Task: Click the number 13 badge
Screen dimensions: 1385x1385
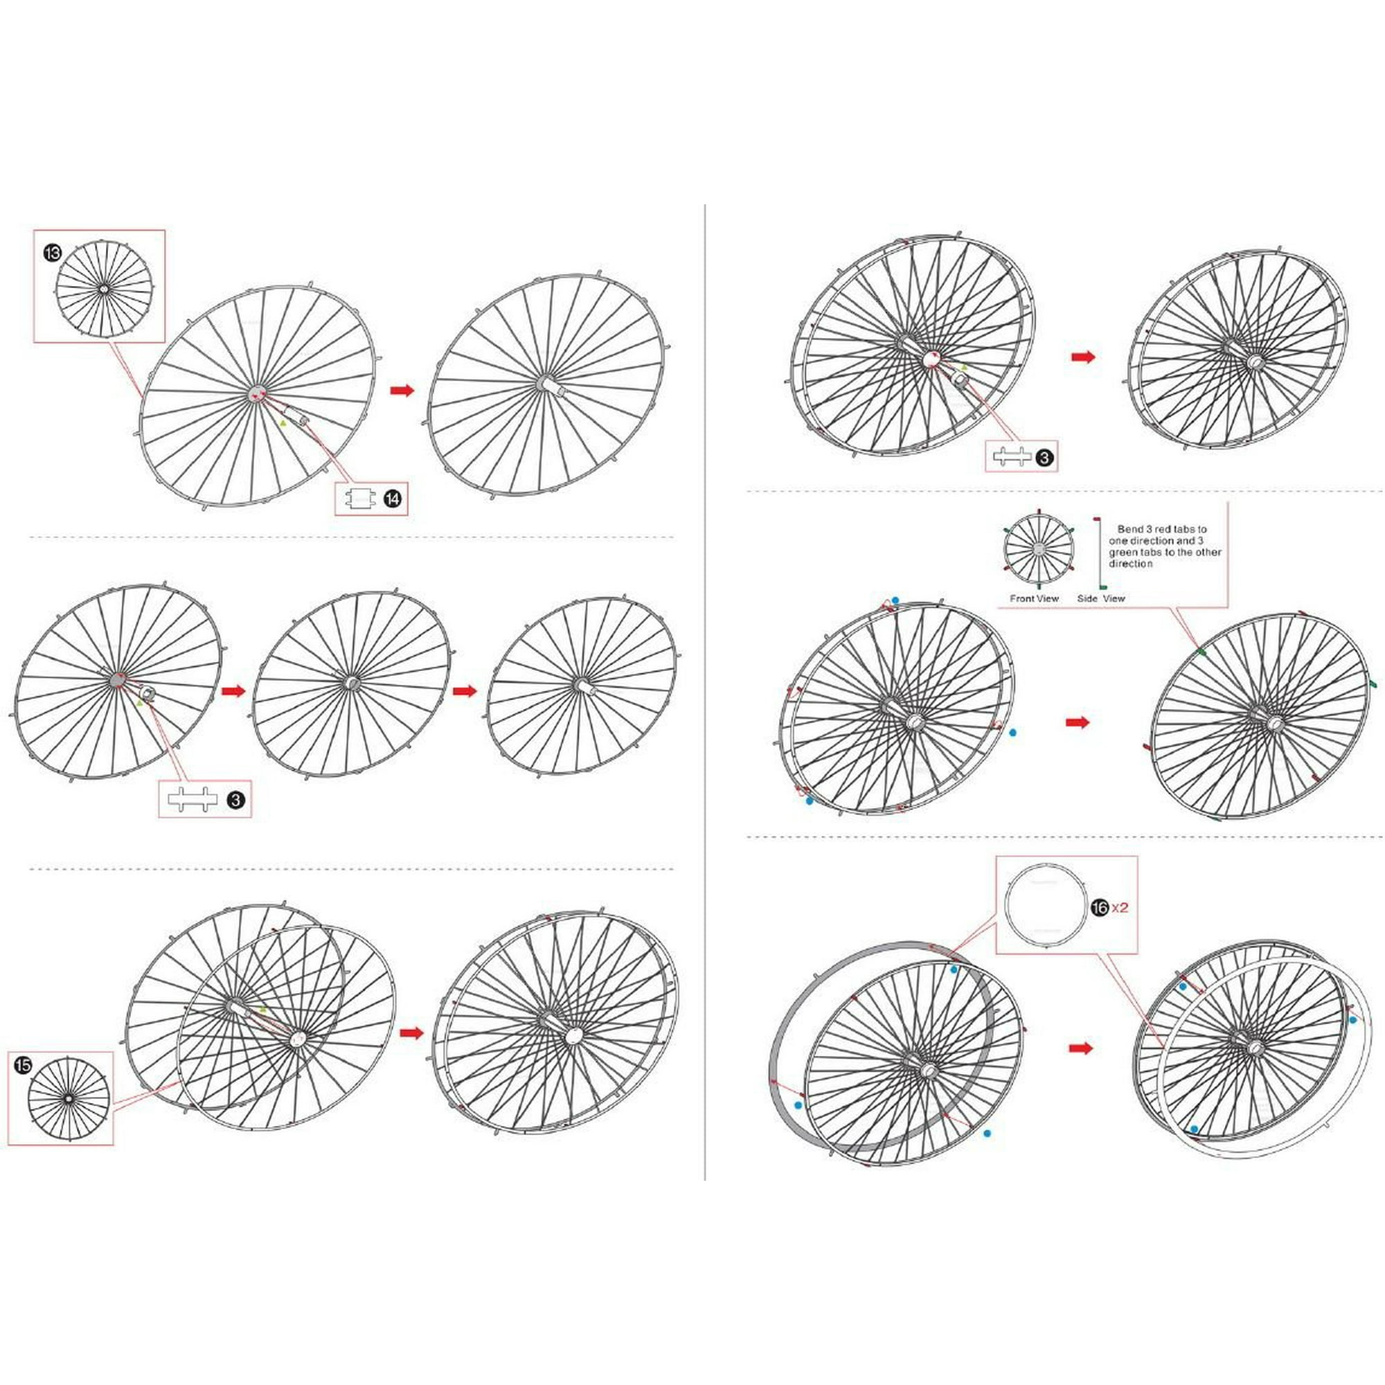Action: pyautogui.click(x=52, y=253)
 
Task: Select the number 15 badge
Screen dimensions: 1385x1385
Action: pyautogui.click(x=23, y=1065)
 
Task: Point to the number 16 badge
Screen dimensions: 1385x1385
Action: pyautogui.click(x=1099, y=908)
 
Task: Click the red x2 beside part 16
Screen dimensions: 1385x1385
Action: pyautogui.click(x=1120, y=908)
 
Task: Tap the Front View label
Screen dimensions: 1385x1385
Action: pyautogui.click(x=1035, y=598)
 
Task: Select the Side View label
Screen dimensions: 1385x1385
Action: pyautogui.click(x=1101, y=598)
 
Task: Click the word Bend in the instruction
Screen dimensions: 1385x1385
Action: pyautogui.click(x=1131, y=529)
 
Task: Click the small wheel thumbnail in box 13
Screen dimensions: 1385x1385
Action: pyautogui.click(x=104, y=287)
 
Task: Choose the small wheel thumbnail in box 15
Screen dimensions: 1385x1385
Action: pyautogui.click(x=69, y=1098)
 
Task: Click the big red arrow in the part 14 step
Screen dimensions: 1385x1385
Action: pyautogui.click(x=403, y=390)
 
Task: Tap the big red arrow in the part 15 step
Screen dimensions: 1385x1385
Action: pyautogui.click(x=411, y=1033)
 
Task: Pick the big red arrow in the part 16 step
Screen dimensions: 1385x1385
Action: pyautogui.click(x=1081, y=1048)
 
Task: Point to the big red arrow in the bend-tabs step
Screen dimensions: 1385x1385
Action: pyautogui.click(x=1078, y=722)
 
